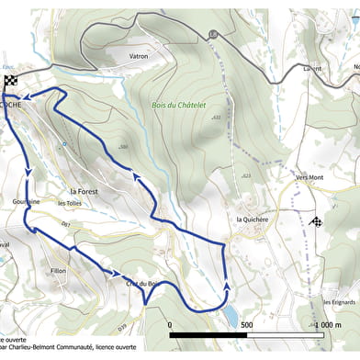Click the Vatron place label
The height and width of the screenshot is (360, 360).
pos(140,55)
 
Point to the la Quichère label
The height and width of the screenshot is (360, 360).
pos(251,219)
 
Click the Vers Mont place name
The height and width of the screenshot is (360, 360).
pos(309,177)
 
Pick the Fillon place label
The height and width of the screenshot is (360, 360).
pos(59,272)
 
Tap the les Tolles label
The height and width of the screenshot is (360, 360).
pos(70,203)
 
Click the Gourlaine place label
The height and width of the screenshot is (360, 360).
pos(26,201)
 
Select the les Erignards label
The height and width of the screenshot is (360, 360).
pos(339,302)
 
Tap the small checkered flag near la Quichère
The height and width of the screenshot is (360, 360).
pos(317,221)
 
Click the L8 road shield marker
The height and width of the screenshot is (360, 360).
pos(213,34)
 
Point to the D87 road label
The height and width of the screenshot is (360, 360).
pos(65,224)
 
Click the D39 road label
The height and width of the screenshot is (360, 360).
pos(122,326)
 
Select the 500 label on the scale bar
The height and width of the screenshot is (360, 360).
pos(245,325)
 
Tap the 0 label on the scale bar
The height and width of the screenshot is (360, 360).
pos(170,325)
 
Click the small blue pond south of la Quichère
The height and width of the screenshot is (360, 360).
pos(226,318)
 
